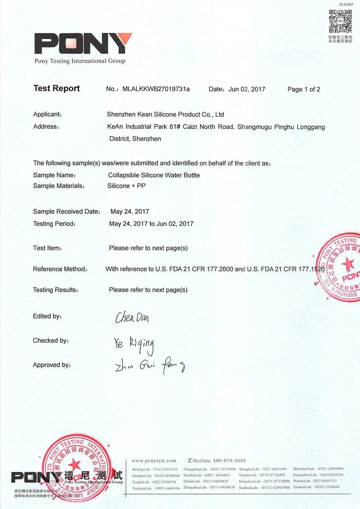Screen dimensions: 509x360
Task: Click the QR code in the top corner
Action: click(340, 21)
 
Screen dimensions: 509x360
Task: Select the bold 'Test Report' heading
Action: click(57, 89)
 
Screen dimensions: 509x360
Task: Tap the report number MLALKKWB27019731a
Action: click(156, 89)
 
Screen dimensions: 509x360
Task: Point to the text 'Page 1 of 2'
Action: click(303, 89)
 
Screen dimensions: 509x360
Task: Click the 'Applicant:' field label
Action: click(48, 115)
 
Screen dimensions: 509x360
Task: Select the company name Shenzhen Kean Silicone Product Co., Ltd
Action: click(165, 115)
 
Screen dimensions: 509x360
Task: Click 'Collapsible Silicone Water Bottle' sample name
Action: click(154, 175)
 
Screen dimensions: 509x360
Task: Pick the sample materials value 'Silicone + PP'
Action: click(126, 186)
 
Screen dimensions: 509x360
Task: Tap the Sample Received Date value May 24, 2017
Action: click(130, 211)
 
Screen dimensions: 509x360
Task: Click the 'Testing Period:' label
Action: click(54, 224)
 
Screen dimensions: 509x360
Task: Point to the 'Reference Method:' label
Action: click(60, 269)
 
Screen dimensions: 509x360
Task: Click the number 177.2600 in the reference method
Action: click(220, 269)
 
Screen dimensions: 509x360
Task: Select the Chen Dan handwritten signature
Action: click(132, 317)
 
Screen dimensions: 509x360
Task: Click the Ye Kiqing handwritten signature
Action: click(134, 344)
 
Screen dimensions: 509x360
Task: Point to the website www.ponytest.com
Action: click(154, 461)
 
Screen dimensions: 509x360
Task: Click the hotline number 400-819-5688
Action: click(229, 461)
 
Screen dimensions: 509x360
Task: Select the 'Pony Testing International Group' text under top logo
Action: click(80, 61)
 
